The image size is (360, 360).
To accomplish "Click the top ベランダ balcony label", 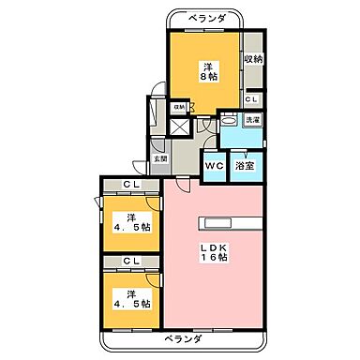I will [205, 19].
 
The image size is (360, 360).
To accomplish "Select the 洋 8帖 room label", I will [206, 70].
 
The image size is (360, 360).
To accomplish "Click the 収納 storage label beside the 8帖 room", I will [253, 59].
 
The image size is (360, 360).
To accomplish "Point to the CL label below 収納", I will [253, 98].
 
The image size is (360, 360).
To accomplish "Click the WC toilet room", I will [213, 165].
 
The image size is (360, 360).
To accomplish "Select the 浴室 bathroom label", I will [244, 165].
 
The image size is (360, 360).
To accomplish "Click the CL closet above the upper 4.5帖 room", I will [131, 186].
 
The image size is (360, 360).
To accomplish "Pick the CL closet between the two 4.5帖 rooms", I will [131, 261].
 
